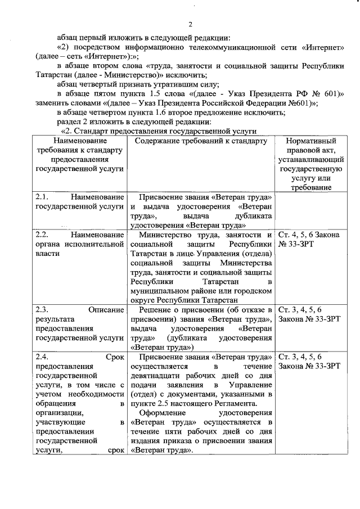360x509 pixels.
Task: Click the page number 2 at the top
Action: pyautogui.click(x=190, y=24)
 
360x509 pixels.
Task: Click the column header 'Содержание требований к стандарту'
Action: pyautogui.click(x=201, y=141)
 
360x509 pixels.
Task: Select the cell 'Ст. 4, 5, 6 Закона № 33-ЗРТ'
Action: pyautogui.click(x=308, y=239)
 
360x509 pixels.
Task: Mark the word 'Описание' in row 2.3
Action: pyautogui.click(x=106, y=309)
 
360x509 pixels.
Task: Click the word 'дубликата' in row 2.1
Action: pyautogui.click(x=254, y=217)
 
